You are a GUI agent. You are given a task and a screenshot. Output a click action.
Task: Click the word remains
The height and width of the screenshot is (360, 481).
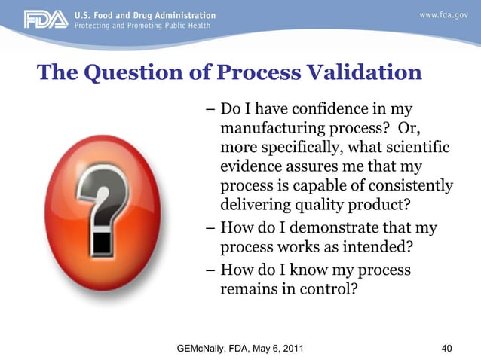coord(247,287)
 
